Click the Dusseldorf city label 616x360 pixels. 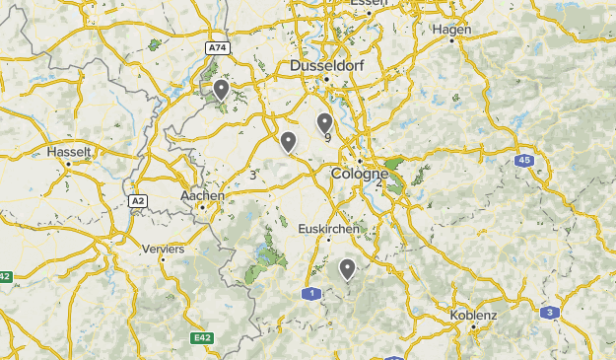coord(326,66)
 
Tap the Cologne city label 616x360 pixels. coord(360,174)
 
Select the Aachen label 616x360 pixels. coord(203,196)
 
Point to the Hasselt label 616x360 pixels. coord(69,153)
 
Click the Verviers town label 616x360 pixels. coord(164,250)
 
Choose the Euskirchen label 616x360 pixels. coord(328,229)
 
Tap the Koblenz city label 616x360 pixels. coord(473,315)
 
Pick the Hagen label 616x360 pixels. coord(452,30)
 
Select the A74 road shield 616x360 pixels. coord(217,47)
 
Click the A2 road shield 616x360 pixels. coord(138,200)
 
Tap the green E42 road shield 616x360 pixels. coord(202,338)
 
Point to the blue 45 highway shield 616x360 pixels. coord(524,160)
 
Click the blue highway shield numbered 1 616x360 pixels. coord(312,293)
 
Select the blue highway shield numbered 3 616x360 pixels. coord(550,313)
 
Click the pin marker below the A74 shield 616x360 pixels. coord(222,90)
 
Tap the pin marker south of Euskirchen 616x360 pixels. coord(347,267)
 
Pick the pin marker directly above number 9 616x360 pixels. coord(324,122)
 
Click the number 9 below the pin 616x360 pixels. coord(327,138)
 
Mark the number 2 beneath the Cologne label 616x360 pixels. coord(378,183)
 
